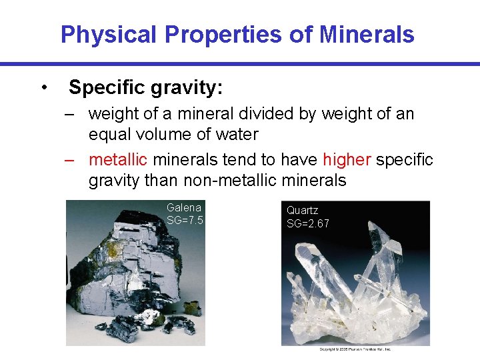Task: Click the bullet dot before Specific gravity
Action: pyautogui.click(x=43, y=87)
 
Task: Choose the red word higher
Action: pyautogui.click(x=347, y=160)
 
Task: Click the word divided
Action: pyautogui.click(x=259, y=114)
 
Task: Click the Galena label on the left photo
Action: pyautogui.click(x=183, y=207)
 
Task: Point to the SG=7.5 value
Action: pyautogui.click(x=185, y=220)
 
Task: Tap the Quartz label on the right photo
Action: pyautogui.click(x=303, y=211)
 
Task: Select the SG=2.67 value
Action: pyautogui.click(x=307, y=223)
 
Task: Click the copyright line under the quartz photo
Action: pyautogui.click(x=355, y=349)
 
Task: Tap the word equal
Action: pyautogui.click(x=111, y=134)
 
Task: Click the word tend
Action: pyautogui.click(x=233, y=160)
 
